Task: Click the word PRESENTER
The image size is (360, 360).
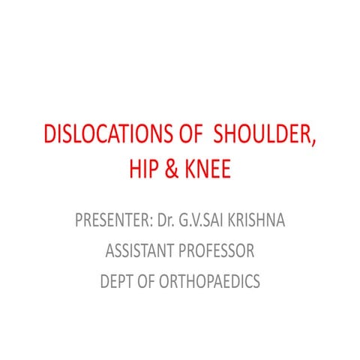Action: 111,221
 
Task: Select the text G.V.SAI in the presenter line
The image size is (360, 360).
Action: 202,221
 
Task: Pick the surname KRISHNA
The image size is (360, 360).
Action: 256,221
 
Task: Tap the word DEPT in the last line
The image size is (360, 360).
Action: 116,281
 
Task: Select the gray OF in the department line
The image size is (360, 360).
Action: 149,281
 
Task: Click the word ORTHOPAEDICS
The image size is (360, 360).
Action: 211,281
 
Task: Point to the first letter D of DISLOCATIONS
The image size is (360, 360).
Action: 51,136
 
